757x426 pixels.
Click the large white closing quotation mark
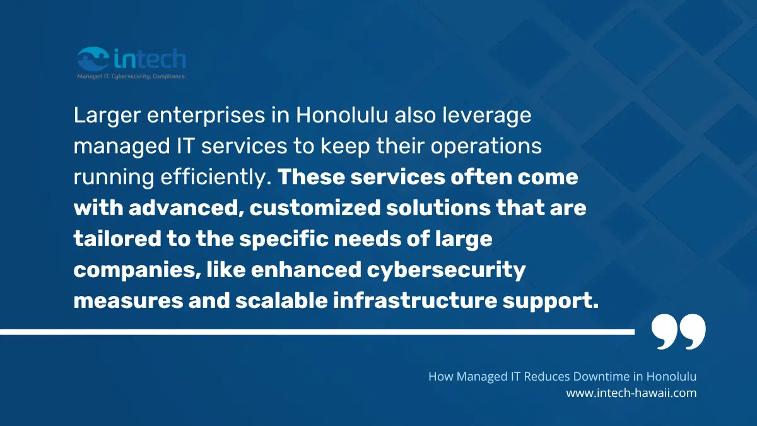(x=678, y=332)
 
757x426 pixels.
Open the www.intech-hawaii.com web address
(x=631, y=393)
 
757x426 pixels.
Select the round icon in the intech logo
(x=93, y=60)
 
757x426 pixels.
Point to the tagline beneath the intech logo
(x=131, y=76)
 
